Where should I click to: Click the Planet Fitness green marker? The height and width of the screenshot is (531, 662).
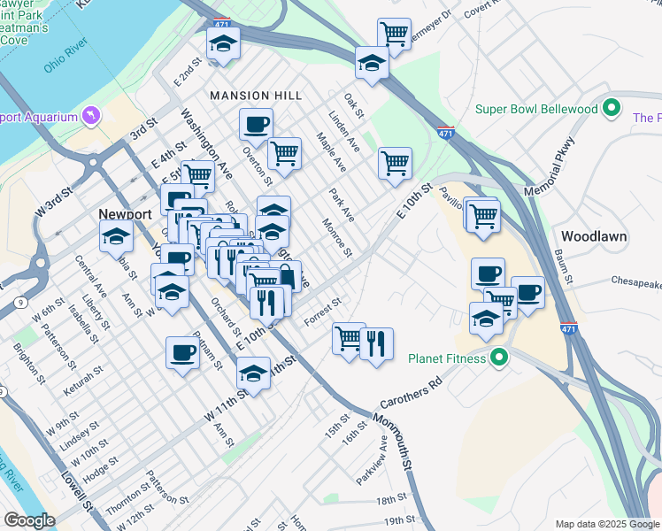[499, 358]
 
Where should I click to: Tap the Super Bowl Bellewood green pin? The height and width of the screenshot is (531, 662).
[611, 109]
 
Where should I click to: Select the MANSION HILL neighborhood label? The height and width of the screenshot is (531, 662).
[256, 95]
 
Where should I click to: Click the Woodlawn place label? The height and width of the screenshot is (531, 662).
[594, 236]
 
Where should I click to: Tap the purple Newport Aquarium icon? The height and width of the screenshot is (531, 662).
[90, 116]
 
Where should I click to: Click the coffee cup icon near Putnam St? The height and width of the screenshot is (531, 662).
[183, 352]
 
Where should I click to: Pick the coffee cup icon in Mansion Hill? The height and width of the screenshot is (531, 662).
[256, 125]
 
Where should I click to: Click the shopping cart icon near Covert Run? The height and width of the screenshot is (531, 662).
[394, 35]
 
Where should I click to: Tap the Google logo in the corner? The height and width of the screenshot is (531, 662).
[28, 520]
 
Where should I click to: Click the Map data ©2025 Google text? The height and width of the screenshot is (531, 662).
[607, 524]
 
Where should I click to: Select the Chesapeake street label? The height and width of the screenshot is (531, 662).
[636, 283]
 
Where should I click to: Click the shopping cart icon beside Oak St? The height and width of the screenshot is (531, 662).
[395, 163]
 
